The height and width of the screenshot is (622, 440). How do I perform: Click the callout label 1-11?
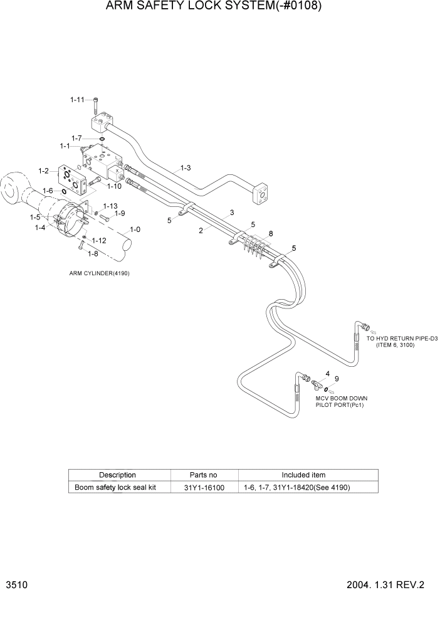point(76,99)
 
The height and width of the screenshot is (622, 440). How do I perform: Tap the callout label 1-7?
point(76,137)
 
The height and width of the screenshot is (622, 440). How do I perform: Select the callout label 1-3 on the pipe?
point(186,167)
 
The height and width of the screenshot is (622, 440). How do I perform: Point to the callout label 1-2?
point(44,171)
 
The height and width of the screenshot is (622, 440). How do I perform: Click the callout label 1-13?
point(110,206)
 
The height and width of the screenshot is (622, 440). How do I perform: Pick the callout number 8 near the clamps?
point(271,233)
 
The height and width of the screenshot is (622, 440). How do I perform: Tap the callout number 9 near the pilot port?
point(337,379)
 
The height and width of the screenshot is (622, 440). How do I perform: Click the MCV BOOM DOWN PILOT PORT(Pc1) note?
point(342,401)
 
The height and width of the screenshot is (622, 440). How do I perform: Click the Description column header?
point(117,475)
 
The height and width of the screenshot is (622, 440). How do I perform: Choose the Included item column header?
point(303,475)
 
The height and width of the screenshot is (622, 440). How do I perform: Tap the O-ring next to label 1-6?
point(64,191)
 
